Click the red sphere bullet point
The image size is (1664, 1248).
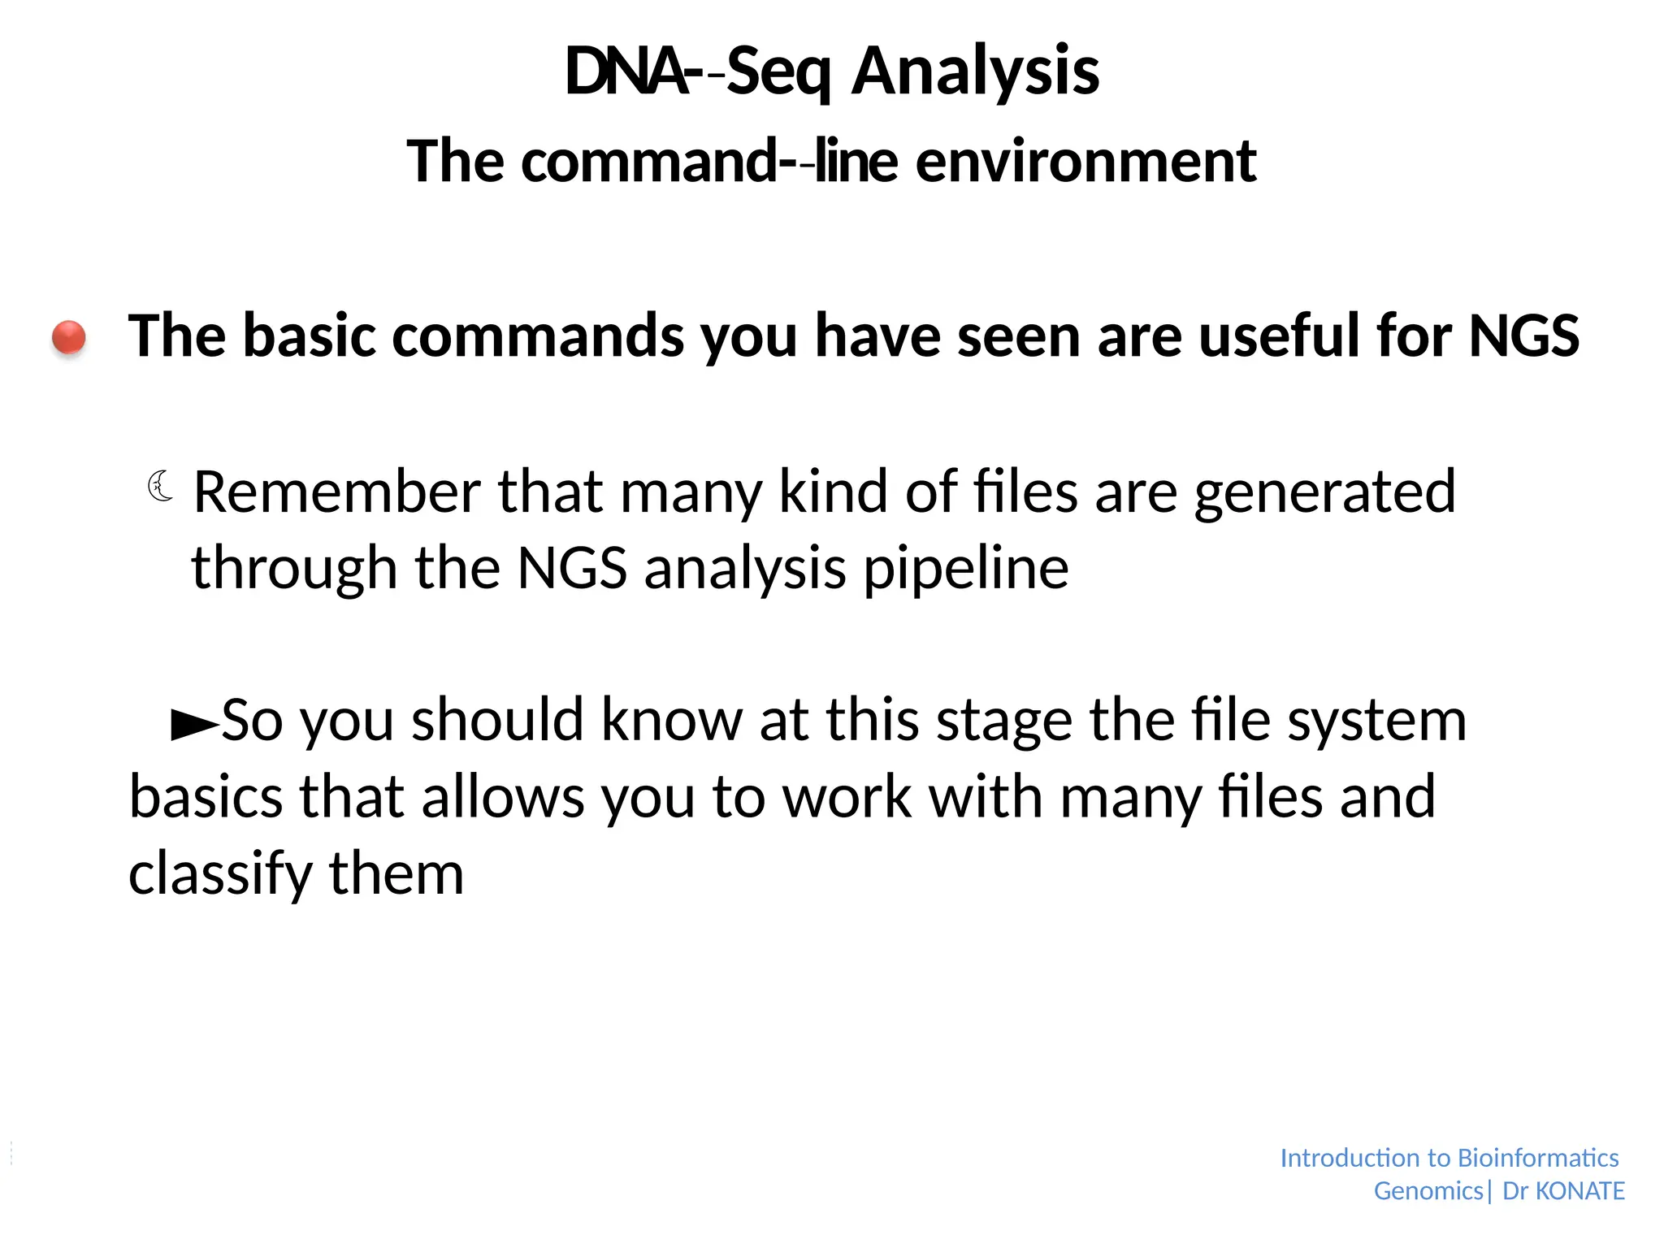point(69,337)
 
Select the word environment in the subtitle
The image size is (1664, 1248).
point(1086,161)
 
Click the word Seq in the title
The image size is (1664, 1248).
point(778,73)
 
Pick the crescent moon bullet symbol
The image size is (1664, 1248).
point(161,486)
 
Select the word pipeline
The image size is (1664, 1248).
point(966,569)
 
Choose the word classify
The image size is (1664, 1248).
point(220,875)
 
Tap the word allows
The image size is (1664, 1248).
point(503,797)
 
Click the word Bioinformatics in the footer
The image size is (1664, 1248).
point(1538,1158)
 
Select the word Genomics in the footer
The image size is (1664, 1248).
point(1428,1191)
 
